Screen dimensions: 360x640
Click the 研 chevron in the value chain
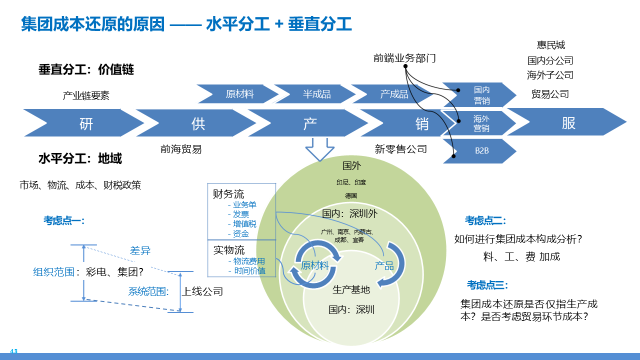click(x=86, y=123)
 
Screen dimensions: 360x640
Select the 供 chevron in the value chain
click(x=198, y=123)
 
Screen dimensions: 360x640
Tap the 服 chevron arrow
click(x=568, y=122)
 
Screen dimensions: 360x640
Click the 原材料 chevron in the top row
click(x=239, y=94)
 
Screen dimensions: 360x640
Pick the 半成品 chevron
click(x=316, y=94)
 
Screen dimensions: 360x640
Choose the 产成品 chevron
click(x=394, y=94)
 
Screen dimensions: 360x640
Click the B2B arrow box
click(x=481, y=150)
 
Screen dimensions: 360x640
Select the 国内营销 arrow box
click(x=481, y=95)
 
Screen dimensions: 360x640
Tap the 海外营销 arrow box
click(x=481, y=123)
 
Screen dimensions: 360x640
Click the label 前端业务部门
click(x=404, y=58)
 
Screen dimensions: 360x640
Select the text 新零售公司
click(x=401, y=148)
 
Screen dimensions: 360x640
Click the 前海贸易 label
click(x=181, y=148)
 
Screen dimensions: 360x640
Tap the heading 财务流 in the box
click(x=228, y=193)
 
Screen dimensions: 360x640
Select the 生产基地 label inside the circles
click(x=351, y=289)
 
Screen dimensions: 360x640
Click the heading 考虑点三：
click(x=487, y=285)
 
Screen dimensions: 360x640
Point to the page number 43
click(x=13, y=351)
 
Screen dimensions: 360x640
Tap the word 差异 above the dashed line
click(x=140, y=251)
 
